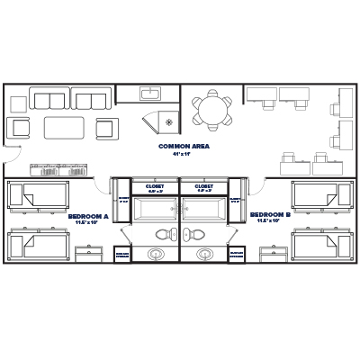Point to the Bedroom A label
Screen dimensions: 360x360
coord(88,217)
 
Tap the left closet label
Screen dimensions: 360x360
coord(155,188)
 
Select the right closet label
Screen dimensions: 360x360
coord(204,188)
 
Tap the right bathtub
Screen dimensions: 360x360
coord(204,209)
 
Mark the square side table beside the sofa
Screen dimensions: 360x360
coord(19,126)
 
